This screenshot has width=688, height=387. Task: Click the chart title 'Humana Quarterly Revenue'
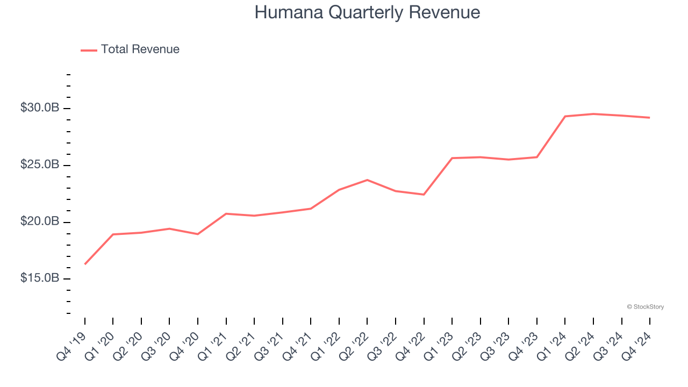pos(367,12)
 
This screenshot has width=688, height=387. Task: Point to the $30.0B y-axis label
pos(40,108)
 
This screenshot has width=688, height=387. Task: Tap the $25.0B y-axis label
pos(40,164)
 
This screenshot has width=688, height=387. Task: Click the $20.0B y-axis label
pos(40,221)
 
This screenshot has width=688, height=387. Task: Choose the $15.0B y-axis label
pos(40,278)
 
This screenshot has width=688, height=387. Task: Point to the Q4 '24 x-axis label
pos(637,345)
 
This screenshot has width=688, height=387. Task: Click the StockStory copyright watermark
pos(645,307)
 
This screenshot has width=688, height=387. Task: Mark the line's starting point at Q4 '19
pos(85,264)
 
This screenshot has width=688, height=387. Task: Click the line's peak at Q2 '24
pos(593,114)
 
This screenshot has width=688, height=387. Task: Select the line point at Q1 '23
pos(452,158)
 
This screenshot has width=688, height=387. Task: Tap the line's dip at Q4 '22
pos(424,195)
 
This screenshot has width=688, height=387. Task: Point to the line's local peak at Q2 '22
pos(367,180)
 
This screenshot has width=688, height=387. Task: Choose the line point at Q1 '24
pos(565,116)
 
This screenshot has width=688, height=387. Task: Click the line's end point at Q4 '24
pos(650,118)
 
